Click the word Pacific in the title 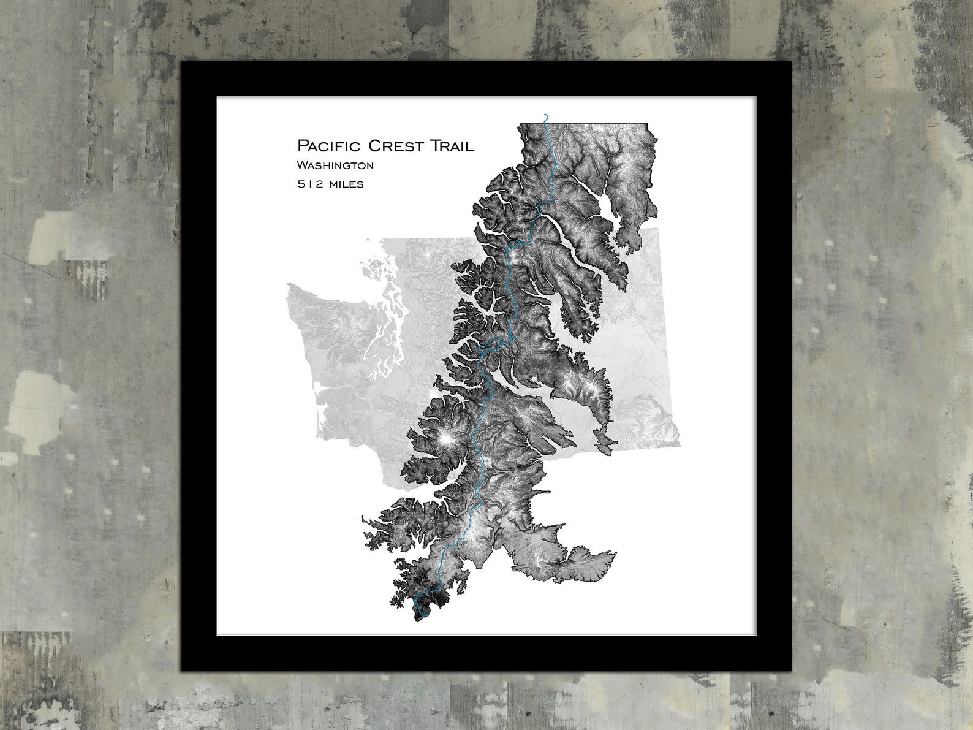click(329, 146)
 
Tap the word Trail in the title click(452, 146)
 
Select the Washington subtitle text click(335, 165)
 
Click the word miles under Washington click(346, 184)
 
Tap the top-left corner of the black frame click(182, 63)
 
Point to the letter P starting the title click(302, 146)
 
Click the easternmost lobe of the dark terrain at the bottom click(604, 561)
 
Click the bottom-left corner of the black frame click(182, 671)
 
